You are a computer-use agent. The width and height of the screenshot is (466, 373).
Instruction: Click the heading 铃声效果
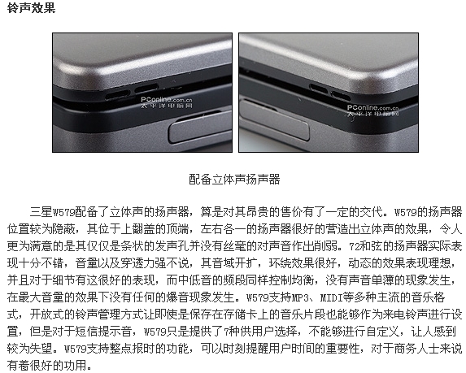31,7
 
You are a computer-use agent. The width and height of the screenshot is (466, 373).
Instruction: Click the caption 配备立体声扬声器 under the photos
234,180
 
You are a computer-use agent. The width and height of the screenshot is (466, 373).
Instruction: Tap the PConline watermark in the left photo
167,102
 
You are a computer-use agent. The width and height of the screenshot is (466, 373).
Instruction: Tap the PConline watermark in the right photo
372,111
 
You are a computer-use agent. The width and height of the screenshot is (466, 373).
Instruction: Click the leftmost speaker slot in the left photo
117,96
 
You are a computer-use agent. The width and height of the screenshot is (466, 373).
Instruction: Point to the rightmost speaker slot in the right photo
342,96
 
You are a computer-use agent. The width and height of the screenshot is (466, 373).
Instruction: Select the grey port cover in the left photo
200,128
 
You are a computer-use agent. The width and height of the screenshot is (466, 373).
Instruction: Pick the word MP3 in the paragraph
297,297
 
